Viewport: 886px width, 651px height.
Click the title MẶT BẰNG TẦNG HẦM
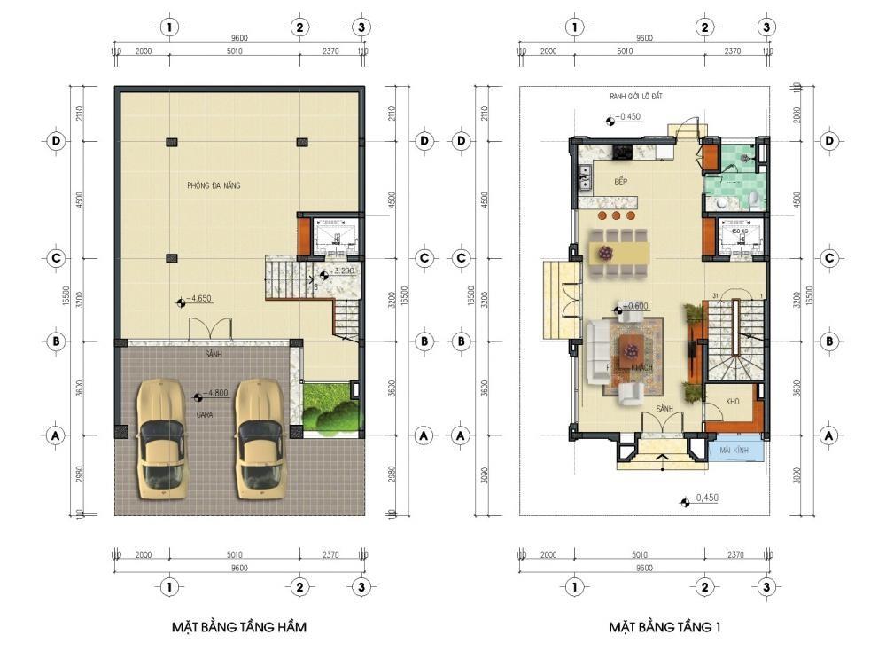pyautogui.click(x=239, y=627)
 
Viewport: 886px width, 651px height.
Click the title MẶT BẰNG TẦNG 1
pyautogui.click(x=664, y=627)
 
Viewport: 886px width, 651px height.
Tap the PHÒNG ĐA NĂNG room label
pyautogui.click(x=214, y=185)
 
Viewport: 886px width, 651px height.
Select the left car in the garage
pyautogui.click(x=161, y=435)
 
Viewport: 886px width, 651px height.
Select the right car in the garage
pyautogui.click(x=259, y=435)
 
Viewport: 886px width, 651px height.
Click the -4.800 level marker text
pyautogui.click(x=216, y=392)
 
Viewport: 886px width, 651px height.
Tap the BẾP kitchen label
pyautogui.click(x=621, y=182)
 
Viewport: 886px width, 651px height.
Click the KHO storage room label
pyautogui.click(x=732, y=402)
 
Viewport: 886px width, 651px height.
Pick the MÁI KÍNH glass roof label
pyautogui.click(x=736, y=450)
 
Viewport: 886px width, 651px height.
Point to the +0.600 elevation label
pyautogui.click(x=635, y=306)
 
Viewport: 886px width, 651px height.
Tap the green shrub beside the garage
pyautogui.click(x=330, y=411)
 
